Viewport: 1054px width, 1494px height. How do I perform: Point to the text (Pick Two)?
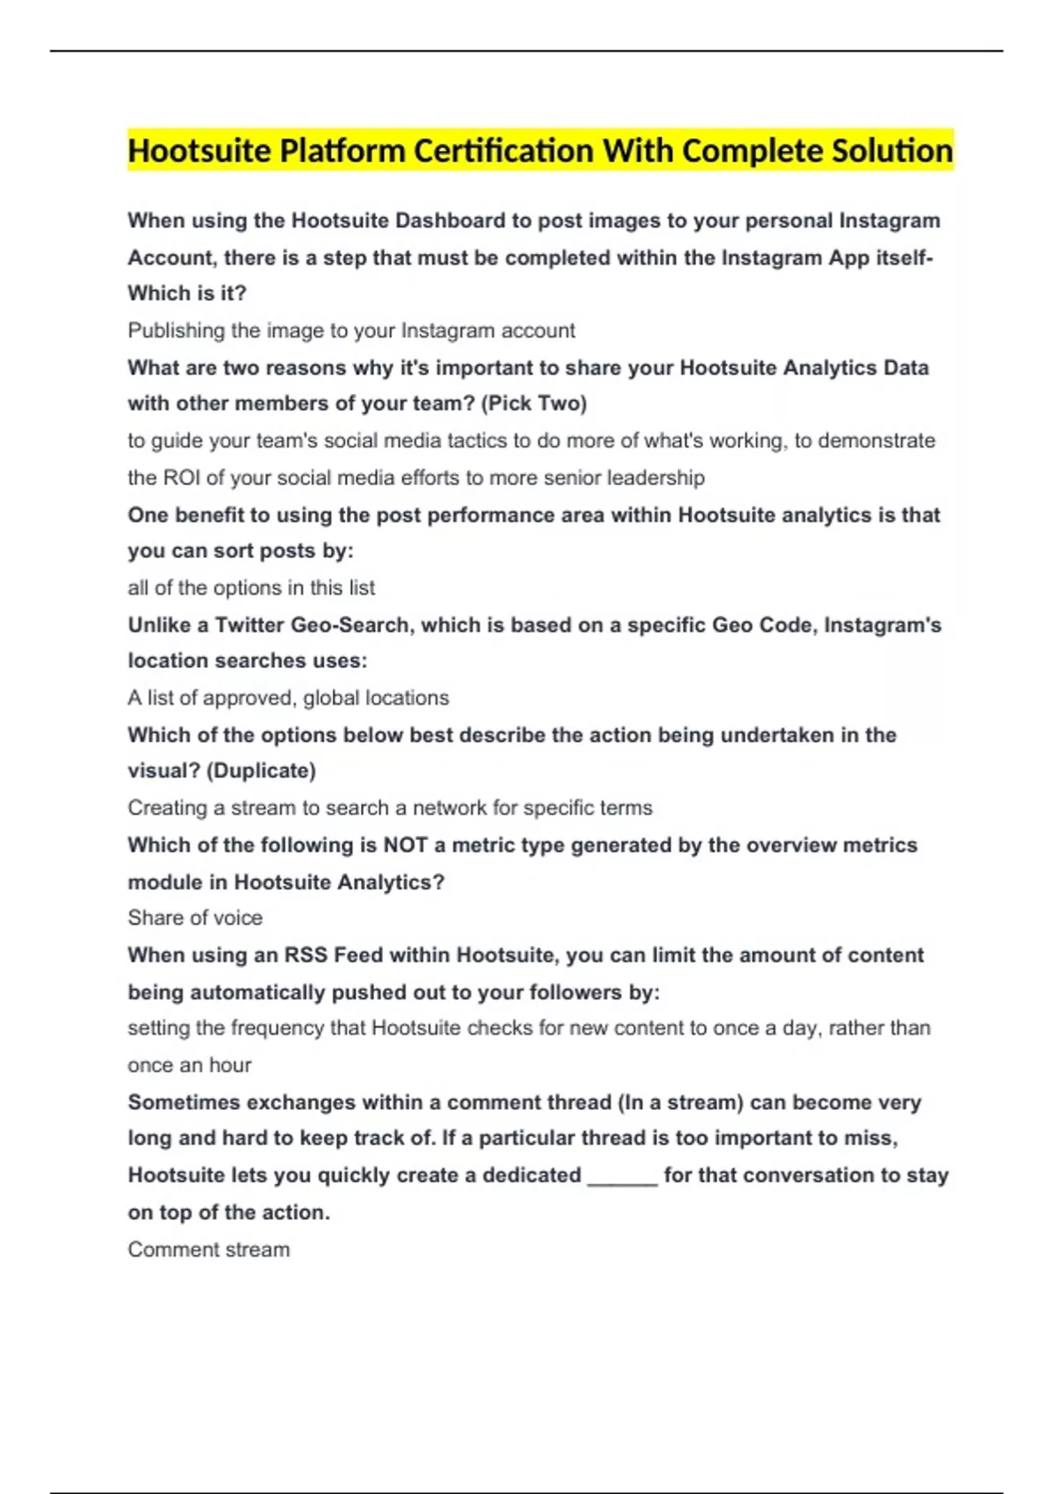534,403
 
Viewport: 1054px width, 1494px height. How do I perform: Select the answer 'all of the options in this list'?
251,588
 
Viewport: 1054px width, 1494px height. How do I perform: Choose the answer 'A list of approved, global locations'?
288,698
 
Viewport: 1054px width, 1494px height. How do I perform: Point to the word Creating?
167,808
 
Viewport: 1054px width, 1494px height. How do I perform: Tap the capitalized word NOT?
405,845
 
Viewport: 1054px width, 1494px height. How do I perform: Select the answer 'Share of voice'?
195,918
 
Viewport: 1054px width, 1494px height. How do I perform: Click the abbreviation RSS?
306,955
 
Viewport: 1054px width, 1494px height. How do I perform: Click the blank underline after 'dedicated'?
622,1178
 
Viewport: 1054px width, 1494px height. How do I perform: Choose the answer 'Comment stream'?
208,1250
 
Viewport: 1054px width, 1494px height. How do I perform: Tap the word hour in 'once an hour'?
230,1065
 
